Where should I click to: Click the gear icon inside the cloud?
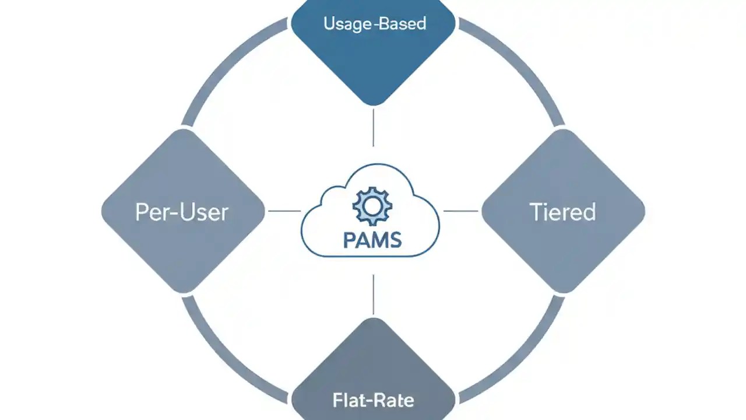point(372,206)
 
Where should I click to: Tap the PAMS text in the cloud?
point(372,240)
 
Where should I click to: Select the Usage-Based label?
point(374,24)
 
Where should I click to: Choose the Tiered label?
point(562,212)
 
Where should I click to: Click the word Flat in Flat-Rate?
point(349,401)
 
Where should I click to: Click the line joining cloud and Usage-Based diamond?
point(373,127)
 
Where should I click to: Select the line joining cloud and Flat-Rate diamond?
point(373,295)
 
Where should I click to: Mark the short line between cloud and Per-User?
point(284,211)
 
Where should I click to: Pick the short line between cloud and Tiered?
point(461,211)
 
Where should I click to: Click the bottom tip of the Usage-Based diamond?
point(373,105)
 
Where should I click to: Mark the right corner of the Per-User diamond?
point(263,211)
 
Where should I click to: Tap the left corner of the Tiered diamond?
point(483,211)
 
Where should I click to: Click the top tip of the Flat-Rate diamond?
point(373,318)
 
